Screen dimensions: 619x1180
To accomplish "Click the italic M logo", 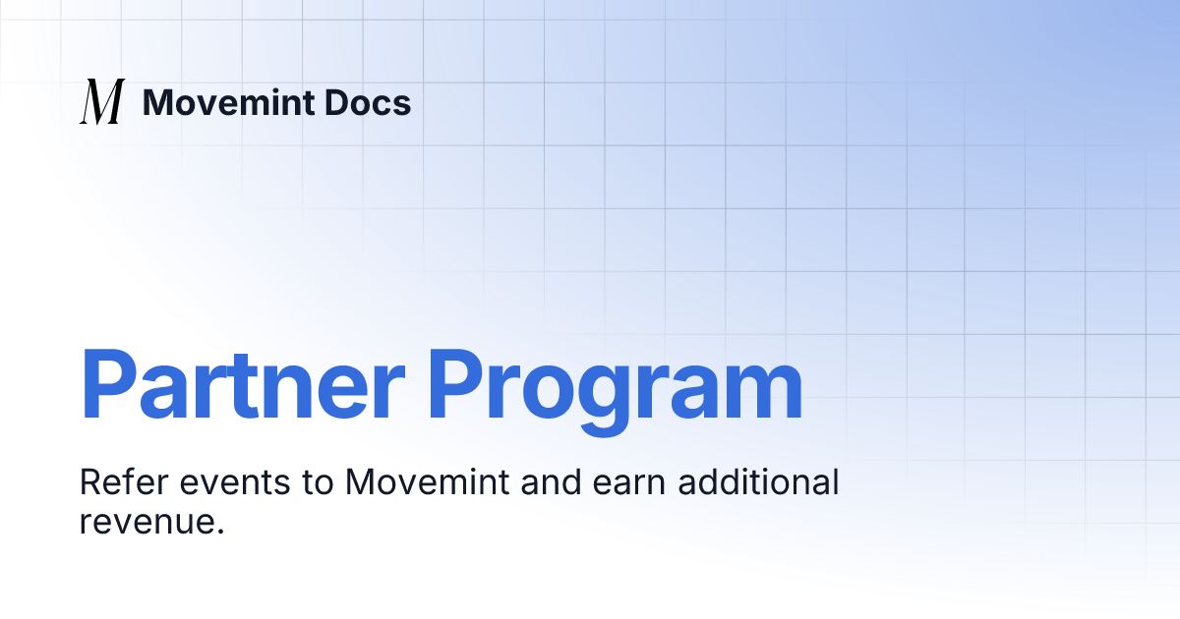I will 102,102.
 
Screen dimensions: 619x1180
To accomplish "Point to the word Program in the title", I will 616,385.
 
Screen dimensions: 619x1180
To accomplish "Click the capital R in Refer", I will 89,483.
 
